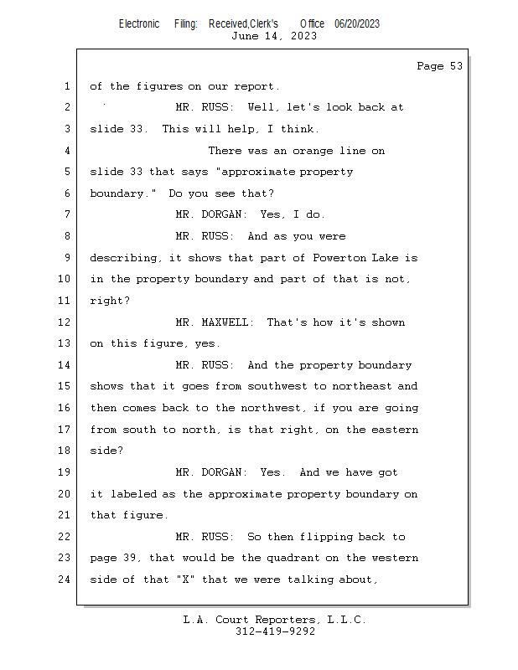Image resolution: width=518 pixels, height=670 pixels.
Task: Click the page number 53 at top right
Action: coord(456,66)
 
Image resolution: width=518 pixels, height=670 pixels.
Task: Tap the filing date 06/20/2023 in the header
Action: coord(357,24)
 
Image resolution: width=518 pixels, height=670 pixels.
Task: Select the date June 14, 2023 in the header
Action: coord(274,36)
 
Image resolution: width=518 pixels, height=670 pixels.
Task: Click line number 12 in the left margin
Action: coord(65,322)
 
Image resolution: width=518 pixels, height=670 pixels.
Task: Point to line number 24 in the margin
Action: coord(65,580)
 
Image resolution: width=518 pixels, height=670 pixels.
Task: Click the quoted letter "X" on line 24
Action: coord(185,580)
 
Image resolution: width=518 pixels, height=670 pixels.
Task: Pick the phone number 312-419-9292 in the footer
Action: coord(275,631)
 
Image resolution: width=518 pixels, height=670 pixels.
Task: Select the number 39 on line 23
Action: coord(129,558)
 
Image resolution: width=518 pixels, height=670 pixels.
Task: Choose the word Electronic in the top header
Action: coord(139,24)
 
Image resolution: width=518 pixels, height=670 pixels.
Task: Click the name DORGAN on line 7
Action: coord(221,214)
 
